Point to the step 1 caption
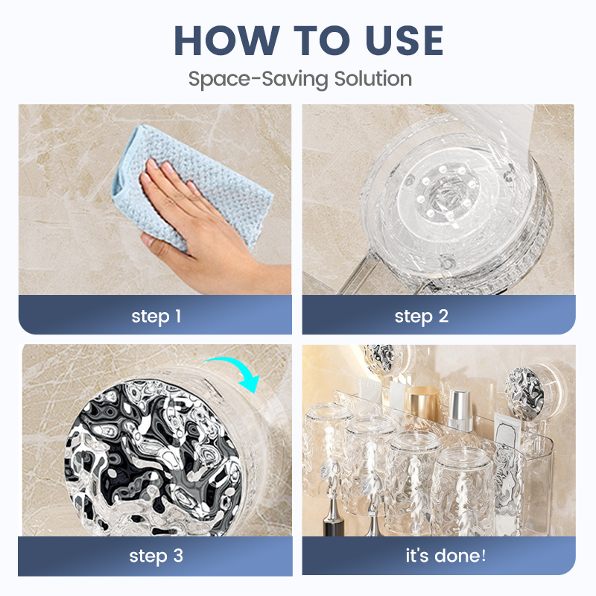coord(156,316)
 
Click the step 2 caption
coord(421,316)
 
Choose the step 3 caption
coord(156,556)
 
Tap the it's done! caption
coord(438,556)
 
